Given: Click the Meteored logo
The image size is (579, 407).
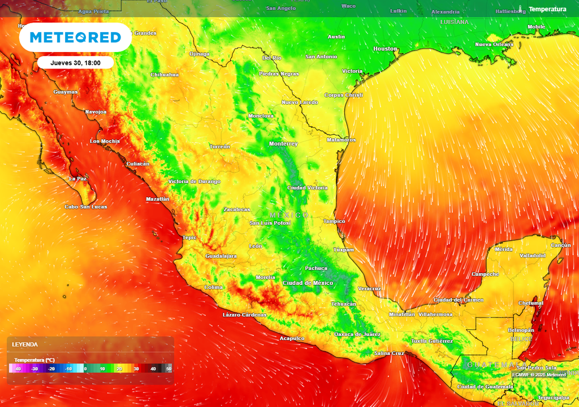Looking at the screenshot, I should pyautogui.click(x=75, y=37).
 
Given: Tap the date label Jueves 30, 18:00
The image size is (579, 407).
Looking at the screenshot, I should pyautogui.click(x=76, y=63).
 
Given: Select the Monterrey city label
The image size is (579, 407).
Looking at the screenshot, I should pyautogui.click(x=283, y=144).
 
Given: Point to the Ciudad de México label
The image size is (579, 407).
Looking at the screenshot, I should pyautogui.click(x=308, y=283).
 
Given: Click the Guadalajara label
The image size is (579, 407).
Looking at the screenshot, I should pyautogui.click(x=221, y=256).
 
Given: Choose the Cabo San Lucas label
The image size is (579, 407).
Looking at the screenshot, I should pyautogui.click(x=86, y=207).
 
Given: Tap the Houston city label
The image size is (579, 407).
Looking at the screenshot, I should pyautogui.click(x=385, y=49).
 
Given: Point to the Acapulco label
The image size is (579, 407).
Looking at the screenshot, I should pyautogui.click(x=292, y=339).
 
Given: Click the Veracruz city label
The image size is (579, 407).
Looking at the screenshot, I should pyautogui.click(x=369, y=288).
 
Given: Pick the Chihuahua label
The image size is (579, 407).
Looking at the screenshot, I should pyautogui.click(x=165, y=75).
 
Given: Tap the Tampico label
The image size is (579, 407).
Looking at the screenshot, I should pyautogui.click(x=334, y=222).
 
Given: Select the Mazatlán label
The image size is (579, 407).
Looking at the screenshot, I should pyautogui.click(x=158, y=199).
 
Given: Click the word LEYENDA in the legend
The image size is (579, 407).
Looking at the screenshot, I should pyautogui.click(x=25, y=344).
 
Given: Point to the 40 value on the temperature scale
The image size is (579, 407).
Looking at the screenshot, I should pyautogui.click(x=153, y=369).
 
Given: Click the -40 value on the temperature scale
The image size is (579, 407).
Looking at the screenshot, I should pyautogui.click(x=18, y=369).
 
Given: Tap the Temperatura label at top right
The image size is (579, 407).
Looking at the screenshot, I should pyautogui.click(x=547, y=9).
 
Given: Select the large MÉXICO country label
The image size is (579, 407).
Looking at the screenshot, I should pyautogui.click(x=289, y=215).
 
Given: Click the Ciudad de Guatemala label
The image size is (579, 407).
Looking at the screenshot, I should pyautogui.click(x=485, y=387).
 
